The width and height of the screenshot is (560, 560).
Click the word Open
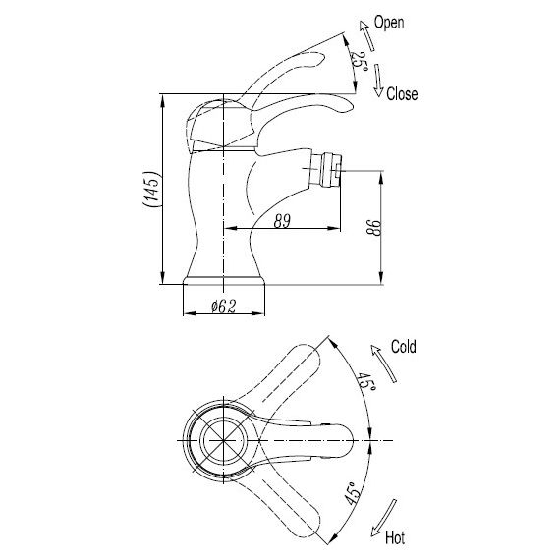pyautogui.click(x=389, y=23)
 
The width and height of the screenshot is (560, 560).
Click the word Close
pyautogui.click(x=402, y=94)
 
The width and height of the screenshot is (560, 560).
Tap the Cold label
pyautogui.click(x=404, y=347)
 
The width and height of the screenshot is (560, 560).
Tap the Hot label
pyautogui.click(x=395, y=537)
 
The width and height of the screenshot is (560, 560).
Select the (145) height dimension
pyautogui.click(x=151, y=189)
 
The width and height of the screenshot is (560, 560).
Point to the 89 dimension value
pyautogui.click(x=282, y=221)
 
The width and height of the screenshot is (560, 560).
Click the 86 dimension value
pyautogui.click(x=373, y=228)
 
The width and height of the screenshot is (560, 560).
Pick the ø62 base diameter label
pyautogui.click(x=224, y=307)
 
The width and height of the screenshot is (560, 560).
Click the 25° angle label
pyautogui.click(x=359, y=61)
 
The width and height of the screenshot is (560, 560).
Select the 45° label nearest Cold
pyautogui.click(x=366, y=382)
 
